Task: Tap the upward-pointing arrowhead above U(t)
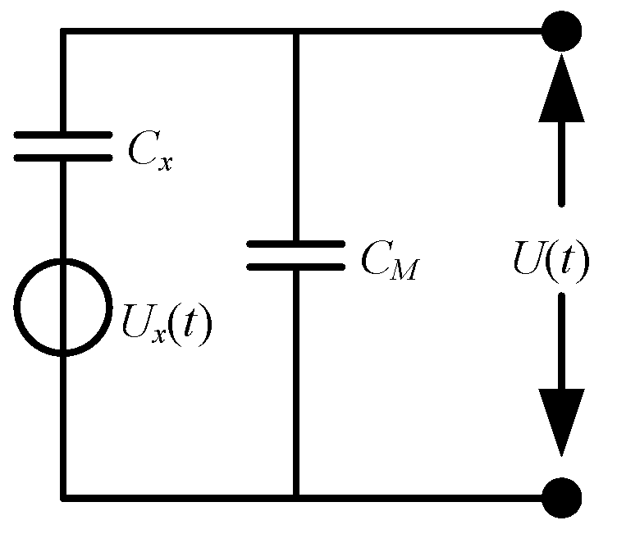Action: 562,91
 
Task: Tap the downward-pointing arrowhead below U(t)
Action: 562,423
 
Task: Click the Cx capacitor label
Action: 151,152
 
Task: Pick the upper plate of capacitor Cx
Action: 63,135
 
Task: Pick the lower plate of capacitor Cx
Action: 63,157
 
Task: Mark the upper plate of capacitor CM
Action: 296,244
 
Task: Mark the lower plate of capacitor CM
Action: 296,266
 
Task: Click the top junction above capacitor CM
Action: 296,32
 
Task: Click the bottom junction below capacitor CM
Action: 296,497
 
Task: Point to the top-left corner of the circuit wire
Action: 63,32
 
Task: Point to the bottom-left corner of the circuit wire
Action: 63,497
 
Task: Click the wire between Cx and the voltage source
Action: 63,209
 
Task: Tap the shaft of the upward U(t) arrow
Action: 562,164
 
